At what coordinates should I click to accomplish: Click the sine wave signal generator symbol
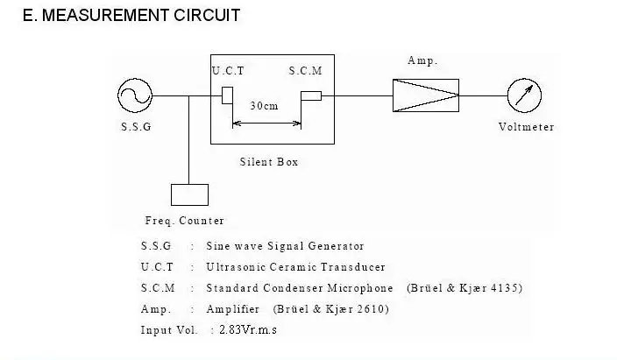coord(135,95)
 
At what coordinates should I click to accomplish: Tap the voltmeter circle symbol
coord(524,95)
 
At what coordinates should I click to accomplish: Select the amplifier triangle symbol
coord(426,95)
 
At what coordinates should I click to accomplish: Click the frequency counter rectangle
coord(189,194)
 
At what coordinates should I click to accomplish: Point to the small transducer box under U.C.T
coord(228,95)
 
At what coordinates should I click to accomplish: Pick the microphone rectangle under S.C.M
coord(311,96)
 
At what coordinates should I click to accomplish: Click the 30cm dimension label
coord(264,106)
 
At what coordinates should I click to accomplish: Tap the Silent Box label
coord(269,162)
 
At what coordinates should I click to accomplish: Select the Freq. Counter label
coord(185,221)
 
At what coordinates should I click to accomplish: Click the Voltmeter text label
coord(527,127)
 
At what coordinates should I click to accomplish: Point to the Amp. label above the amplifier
coord(422,60)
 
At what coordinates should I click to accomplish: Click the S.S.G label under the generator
coord(136,127)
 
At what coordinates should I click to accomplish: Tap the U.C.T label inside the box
coord(228,71)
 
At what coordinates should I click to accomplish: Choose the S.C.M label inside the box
coord(305,71)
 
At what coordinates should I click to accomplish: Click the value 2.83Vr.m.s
coord(248,329)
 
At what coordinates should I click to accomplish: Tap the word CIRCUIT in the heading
coord(207,16)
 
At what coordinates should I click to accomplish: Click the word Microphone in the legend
coord(360,288)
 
